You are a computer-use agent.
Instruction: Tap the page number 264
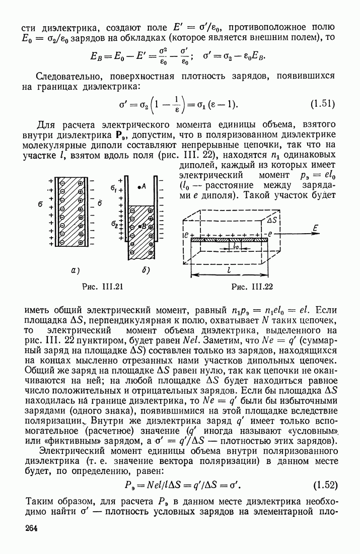32,529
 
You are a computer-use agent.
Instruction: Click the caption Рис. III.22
251,287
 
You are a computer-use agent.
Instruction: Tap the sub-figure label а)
76,270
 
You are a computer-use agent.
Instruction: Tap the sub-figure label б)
147,270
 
